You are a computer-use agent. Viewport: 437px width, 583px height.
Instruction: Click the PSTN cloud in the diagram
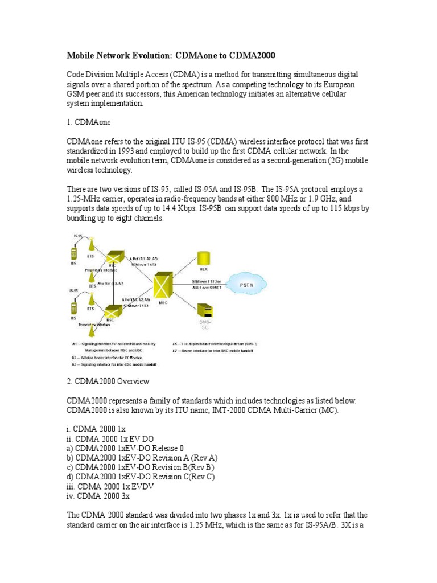[246, 283]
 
